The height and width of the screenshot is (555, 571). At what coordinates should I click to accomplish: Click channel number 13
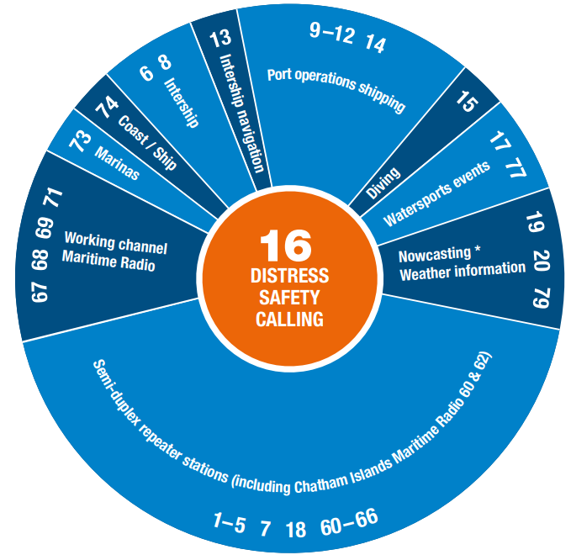tap(219, 39)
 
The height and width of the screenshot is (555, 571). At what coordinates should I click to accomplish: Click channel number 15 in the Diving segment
tap(466, 102)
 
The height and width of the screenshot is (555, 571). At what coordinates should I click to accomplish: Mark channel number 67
tap(40, 291)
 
